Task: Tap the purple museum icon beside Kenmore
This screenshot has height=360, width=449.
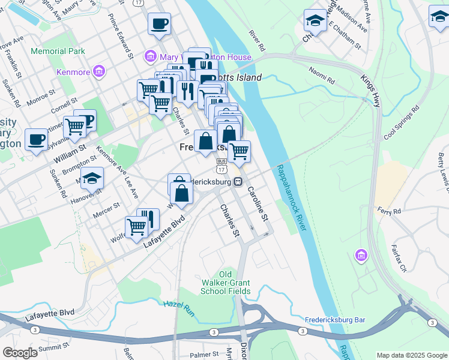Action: coord(100,73)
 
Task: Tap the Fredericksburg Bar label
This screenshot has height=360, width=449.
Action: coord(335,320)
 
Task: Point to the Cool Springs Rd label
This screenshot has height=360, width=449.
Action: coord(401,124)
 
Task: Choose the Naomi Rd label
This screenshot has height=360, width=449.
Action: coord(322,75)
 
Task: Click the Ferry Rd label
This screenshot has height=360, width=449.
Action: coord(389,211)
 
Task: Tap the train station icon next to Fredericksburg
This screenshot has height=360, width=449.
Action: coord(238,182)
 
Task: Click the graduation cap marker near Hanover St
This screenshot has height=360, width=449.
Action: coord(92,178)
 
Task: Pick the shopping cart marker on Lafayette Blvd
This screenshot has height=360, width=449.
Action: coord(137,228)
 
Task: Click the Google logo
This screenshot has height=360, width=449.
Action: coord(20,353)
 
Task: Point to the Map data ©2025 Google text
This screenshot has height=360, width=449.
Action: coord(412,355)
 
